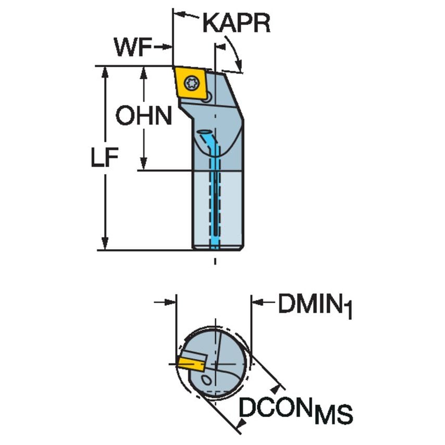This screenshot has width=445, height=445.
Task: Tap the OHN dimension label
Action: (143, 116)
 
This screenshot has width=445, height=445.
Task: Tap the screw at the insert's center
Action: (191, 81)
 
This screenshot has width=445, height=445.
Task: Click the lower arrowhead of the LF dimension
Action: (105, 244)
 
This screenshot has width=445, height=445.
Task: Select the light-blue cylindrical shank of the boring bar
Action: (217, 208)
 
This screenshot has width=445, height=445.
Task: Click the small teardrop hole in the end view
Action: (207, 379)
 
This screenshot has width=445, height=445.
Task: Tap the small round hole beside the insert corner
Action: (207, 97)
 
